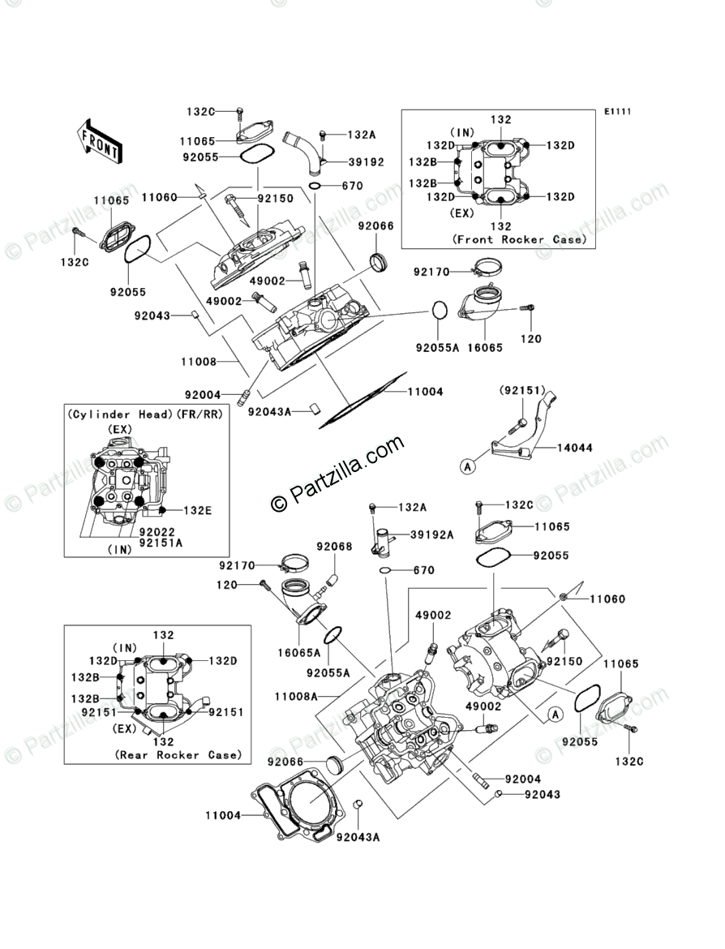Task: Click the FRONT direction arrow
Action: [x=101, y=139]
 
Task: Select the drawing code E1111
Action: [x=616, y=112]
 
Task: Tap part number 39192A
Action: [x=431, y=535]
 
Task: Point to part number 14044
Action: [x=575, y=447]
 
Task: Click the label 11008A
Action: [x=295, y=696]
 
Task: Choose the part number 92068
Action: [x=334, y=547]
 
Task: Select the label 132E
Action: [x=199, y=510]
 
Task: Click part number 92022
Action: [x=157, y=532]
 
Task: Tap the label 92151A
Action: [x=160, y=543]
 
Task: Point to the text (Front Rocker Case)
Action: [x=519, y=240]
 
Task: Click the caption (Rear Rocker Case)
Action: [x=178, y=754]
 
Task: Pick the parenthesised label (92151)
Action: [x=521, y=391]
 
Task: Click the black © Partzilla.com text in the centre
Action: [x=337, y=472]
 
